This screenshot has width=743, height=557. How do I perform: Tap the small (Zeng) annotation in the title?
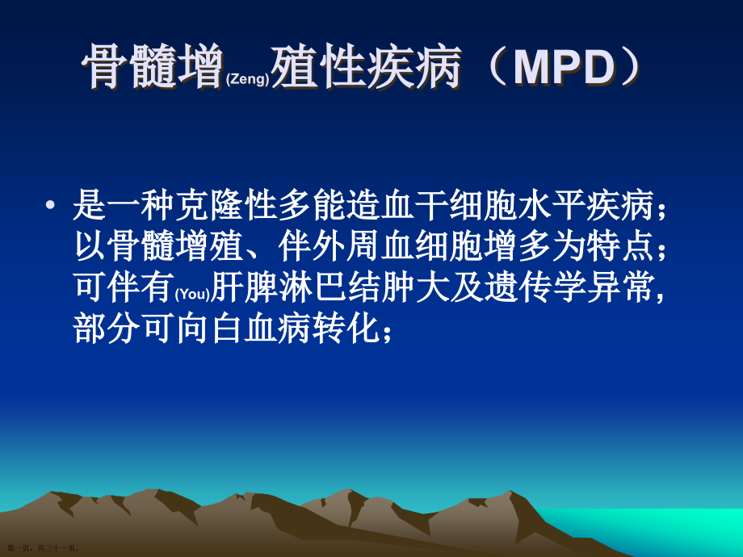248,79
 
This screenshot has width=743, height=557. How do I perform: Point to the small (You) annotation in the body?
192,294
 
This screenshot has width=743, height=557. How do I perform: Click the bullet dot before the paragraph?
50,205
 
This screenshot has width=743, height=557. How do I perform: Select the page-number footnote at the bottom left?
43,548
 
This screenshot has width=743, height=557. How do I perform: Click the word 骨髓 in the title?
129,66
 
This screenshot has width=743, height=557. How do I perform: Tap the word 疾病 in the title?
413,66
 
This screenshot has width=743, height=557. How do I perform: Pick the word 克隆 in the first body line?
192,206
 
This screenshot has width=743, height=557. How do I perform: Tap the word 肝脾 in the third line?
245,287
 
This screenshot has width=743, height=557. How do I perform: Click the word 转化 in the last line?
346,328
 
